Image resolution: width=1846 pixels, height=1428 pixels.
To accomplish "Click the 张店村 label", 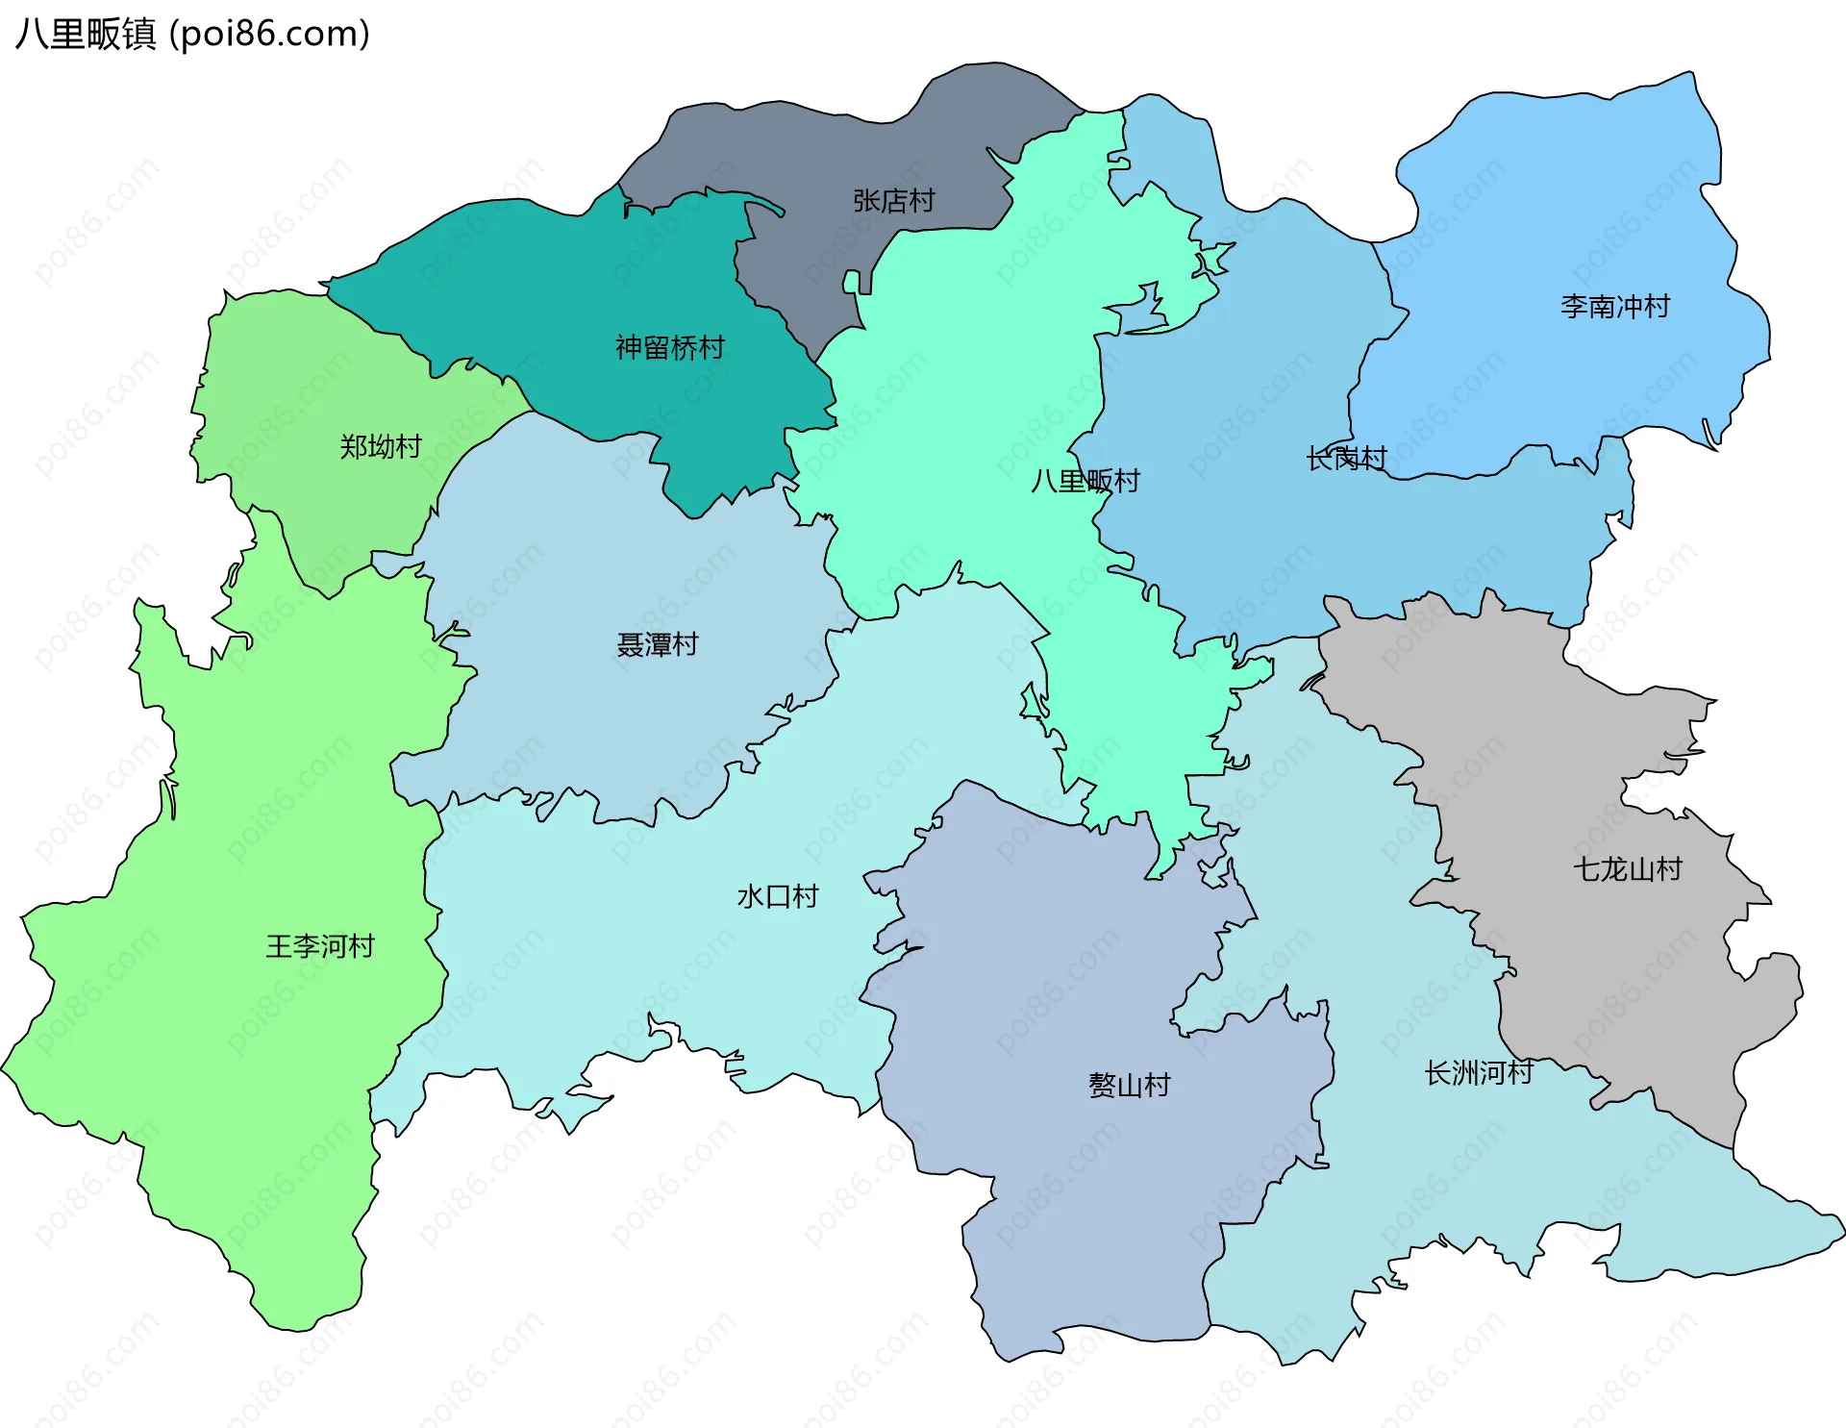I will [893, 201].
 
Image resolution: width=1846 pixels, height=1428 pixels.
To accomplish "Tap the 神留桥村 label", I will [669, 347].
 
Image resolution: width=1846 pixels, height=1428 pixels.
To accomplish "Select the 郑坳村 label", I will [380, 446].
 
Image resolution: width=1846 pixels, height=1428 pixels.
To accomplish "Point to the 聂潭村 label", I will [657, 644].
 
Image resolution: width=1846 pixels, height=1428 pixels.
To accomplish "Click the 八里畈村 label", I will [1085, 480].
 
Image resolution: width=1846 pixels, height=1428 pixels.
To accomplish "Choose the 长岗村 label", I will [1346, 459].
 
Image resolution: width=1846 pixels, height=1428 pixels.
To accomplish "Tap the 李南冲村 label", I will [1614, 307].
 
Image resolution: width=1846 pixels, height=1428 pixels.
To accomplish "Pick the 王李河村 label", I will [319, 946].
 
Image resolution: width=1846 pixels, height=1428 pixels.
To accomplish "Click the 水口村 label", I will [777, 896].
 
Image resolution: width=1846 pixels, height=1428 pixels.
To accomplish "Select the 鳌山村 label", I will [1129, 1085].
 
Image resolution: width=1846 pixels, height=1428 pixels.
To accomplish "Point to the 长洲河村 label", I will [1478, 1072].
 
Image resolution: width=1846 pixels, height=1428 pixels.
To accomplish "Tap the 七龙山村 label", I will [1627, 869].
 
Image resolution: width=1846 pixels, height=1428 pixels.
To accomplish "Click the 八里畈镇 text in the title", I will [86, 34].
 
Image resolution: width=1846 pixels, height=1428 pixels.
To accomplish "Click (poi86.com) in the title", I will [269, 34].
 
